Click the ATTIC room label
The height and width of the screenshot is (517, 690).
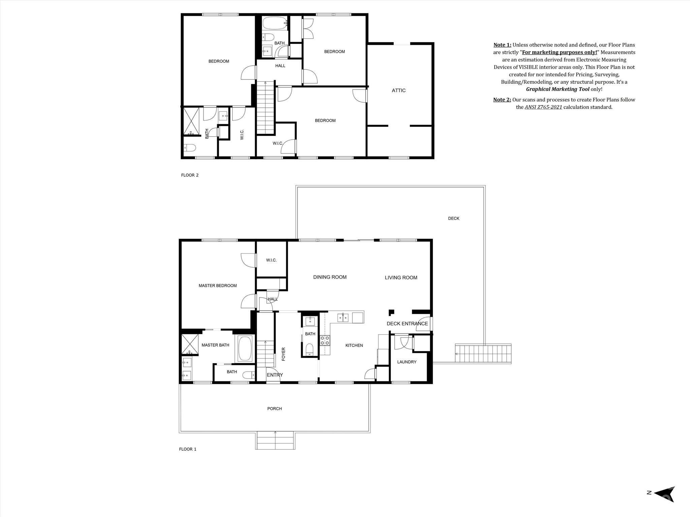pos(399,91)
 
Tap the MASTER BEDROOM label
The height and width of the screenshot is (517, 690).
pos(218,285)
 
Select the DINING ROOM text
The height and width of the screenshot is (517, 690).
pos(330,277)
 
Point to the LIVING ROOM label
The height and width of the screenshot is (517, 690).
pos(401,277)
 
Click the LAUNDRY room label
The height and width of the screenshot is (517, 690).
pos(407,362)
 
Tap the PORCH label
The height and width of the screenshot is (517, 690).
pos(275,408)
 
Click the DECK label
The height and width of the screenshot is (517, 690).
pos(453,218)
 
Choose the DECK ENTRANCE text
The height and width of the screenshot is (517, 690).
pos(407,323)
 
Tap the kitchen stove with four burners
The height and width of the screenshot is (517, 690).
pos(325,340)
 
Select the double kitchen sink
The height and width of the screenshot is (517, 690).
pos(343,317)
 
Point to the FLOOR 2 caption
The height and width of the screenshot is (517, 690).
pos(190,175)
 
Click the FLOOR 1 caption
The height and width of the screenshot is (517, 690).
pos(188,449)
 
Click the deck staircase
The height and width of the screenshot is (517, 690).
pos(483,354)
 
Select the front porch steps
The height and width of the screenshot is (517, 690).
pos(275,440)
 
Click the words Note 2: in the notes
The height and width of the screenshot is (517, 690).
pos(502,100)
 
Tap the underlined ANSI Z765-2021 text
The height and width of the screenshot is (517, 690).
pos(543,107)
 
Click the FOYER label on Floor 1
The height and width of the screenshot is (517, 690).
pos(283,354)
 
